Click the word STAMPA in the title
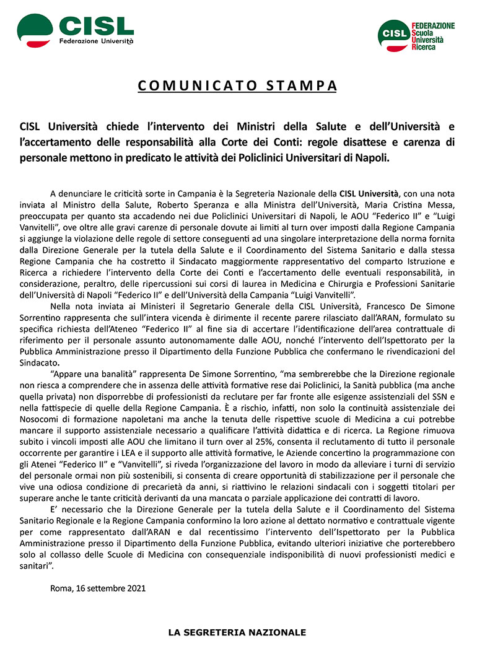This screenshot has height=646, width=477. pos(301,85)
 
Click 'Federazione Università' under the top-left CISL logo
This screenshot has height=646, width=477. pos(96,41)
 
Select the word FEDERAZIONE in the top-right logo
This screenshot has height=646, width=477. pos(433,26)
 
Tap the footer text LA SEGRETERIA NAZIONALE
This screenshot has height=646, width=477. pos(238,633)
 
